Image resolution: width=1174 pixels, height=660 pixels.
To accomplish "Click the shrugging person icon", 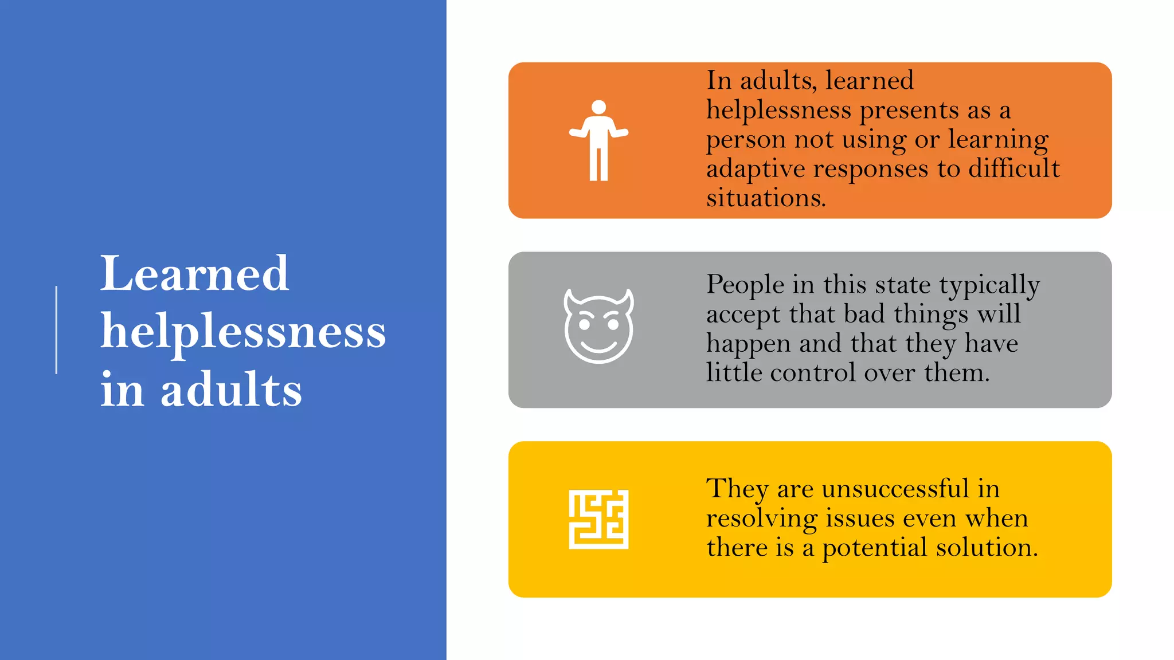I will [598, 140].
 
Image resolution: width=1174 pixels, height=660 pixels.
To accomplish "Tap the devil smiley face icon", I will [598, 327].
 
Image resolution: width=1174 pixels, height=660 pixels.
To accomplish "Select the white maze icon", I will [598, 519].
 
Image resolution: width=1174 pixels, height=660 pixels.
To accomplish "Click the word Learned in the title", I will [194, 274].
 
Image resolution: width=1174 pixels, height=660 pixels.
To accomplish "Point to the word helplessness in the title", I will [243, 332].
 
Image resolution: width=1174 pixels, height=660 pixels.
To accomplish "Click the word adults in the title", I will [231, 390].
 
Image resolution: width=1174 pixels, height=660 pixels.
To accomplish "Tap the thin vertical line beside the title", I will [56, 330].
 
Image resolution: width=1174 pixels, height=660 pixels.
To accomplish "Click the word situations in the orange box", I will [765, 198].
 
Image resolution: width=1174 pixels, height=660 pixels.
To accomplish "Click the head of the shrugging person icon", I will [598, 107].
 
